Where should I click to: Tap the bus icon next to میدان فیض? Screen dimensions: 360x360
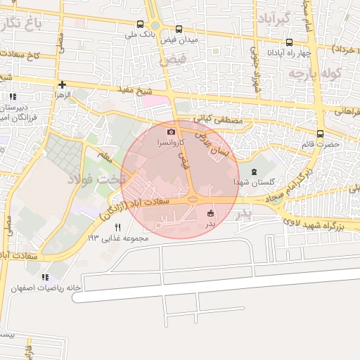point(179,30)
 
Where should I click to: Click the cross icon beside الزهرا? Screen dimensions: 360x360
point(63,84)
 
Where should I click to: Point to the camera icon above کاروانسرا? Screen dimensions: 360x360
point(171,131)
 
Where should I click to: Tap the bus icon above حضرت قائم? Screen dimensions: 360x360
point(321,134)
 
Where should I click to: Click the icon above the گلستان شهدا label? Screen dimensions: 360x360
point(254,172)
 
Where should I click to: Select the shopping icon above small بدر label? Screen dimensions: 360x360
point(210,213)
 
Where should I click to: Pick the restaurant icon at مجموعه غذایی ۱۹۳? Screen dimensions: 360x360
point(117,227)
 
